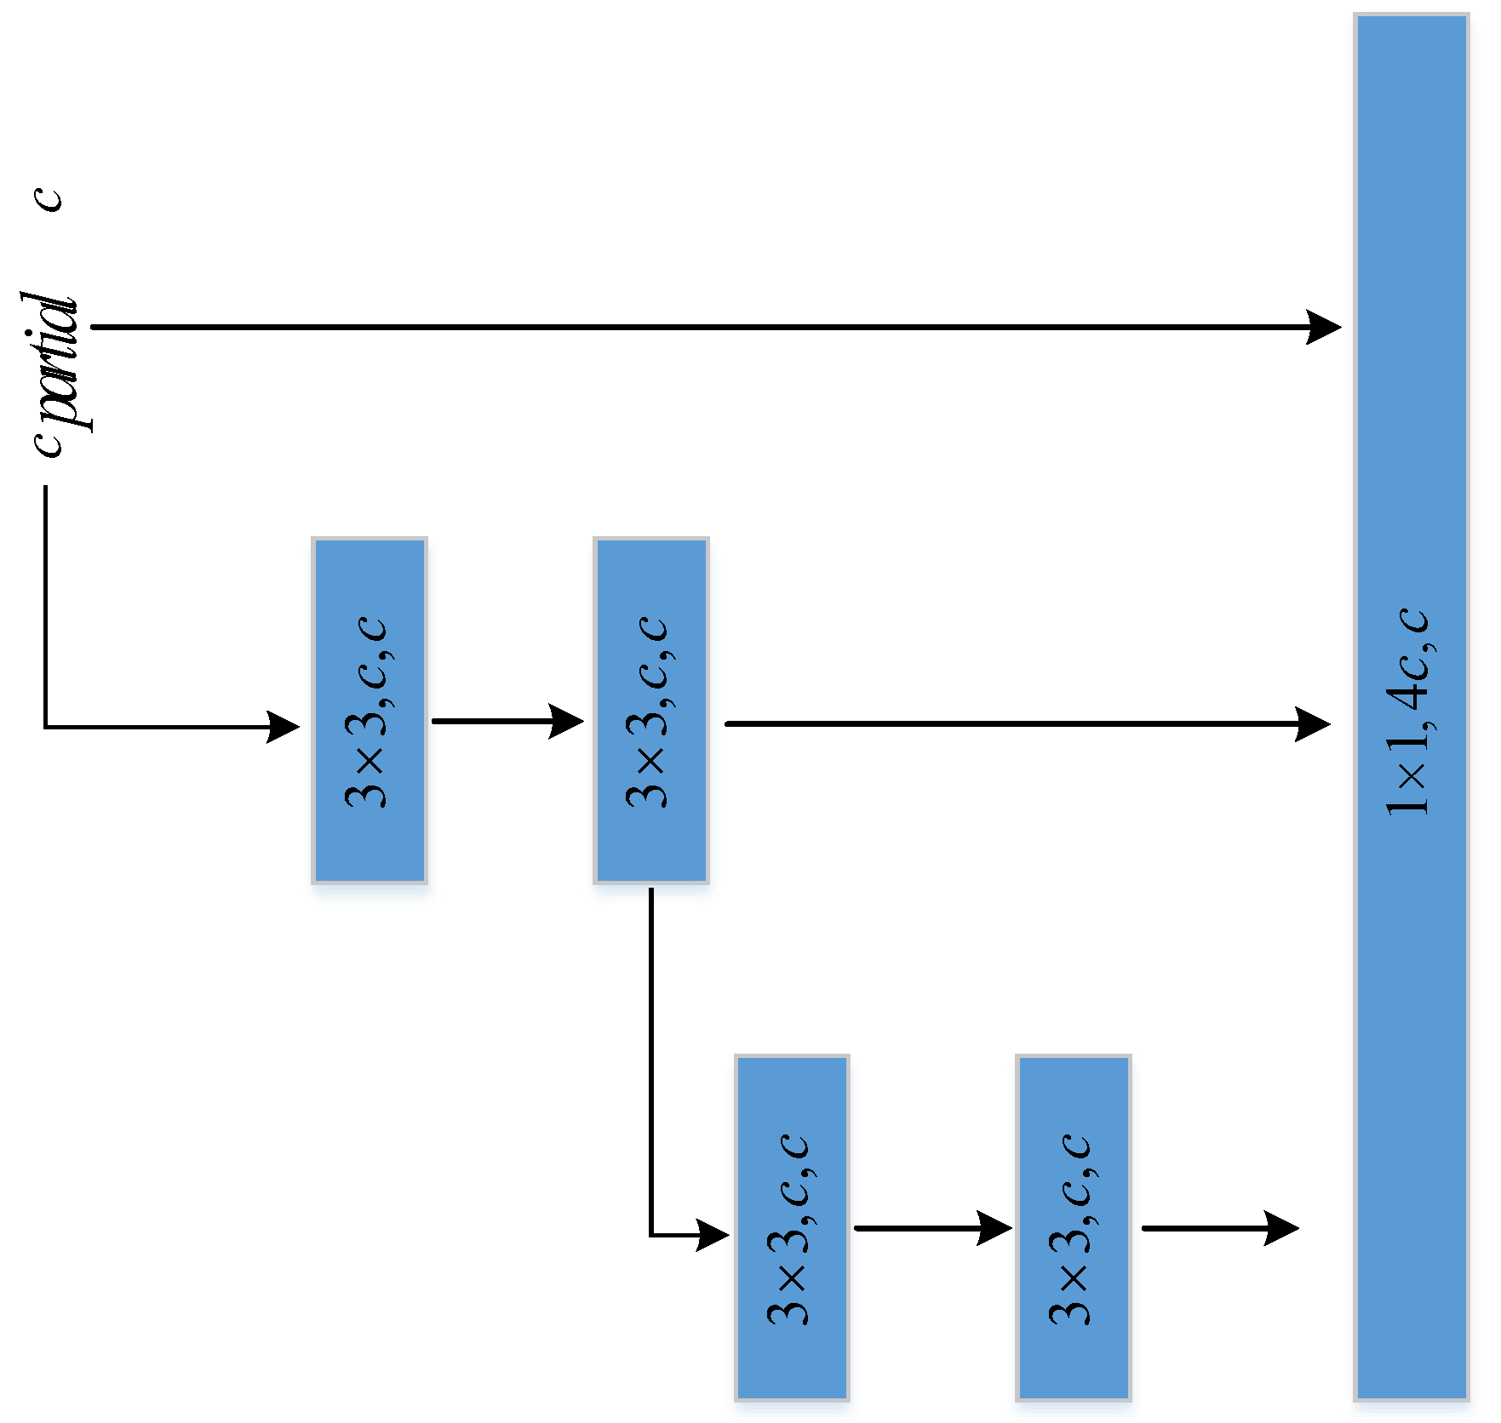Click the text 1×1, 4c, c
coord(1409,712)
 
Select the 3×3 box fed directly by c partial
coord(370,711)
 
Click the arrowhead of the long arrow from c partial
coord(1324,327)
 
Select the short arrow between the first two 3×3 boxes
coord(507,721)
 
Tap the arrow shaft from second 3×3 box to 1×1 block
coord(1005,723)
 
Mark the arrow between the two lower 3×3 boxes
coord(932,1228)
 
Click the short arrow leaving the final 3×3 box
coord(1217,1228)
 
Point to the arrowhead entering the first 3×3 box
coord(284,727)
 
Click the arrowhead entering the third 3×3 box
coord(713,1235)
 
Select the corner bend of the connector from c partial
coord(46,727)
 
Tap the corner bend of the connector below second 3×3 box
coord(651,1235)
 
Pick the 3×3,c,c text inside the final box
coord(1072,1227)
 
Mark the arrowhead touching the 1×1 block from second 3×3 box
coord(1313,724)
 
